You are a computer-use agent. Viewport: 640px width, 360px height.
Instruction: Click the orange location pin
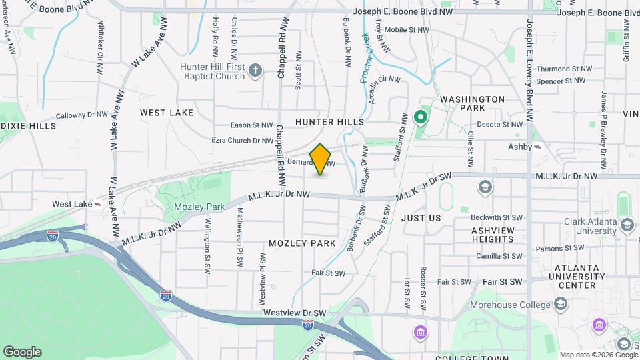[x=321, y=159]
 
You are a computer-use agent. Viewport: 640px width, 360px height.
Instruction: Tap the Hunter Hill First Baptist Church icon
[x=255, y=70]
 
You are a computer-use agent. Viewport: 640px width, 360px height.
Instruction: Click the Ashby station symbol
[x=538, y=147]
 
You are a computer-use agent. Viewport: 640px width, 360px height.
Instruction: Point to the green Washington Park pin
[x=420, y=118]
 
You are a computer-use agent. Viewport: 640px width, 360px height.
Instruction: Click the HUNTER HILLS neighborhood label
[x=329, y=122]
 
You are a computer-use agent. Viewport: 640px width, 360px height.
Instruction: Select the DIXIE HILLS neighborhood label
[x=19, y=126]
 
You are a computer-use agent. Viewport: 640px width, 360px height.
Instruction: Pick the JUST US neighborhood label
[x=421, y=218]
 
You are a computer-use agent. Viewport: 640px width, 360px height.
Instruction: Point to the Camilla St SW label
[x=499, y=256]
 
